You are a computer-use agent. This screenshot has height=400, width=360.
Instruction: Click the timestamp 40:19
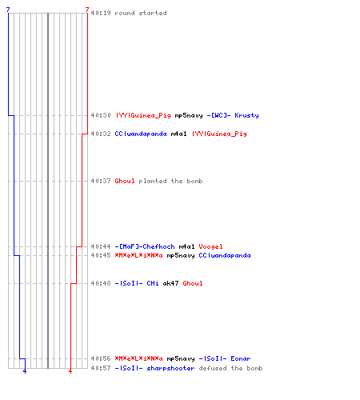click(x=101, y=13)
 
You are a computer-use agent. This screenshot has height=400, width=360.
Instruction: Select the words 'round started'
click(x=141, y=13)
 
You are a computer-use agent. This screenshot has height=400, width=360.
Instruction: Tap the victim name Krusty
click(x=246, y=115)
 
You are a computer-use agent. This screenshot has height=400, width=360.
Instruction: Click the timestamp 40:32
click(x=101, y=134)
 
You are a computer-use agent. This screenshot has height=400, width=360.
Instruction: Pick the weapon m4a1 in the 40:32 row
click(x=178, y=134)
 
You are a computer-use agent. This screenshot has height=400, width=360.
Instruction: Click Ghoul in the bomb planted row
click(x=125, y=181)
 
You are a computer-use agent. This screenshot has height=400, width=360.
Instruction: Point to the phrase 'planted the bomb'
click(x=170, y=181)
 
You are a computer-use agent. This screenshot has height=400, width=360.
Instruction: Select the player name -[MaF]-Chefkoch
click(x=145, y=246)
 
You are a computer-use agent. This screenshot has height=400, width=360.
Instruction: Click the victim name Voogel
click(x=210, y=246)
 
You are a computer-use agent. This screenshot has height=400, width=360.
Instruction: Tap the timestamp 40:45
click(x=101, y=255)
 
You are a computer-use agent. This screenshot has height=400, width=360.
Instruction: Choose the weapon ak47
click(x=170, y=283)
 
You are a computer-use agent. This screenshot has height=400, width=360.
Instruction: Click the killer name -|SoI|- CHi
click(x=137, y=283)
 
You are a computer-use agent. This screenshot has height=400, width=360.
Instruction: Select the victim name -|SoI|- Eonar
click(x=225, y=358)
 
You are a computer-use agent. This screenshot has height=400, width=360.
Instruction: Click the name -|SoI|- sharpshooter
click(x=154, y=368)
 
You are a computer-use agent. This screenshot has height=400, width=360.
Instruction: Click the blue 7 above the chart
click(x=8, y=10)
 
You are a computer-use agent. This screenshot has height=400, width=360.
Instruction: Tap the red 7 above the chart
click(x=87, y=10)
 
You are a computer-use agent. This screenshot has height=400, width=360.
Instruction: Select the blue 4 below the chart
click(x=25, y=371)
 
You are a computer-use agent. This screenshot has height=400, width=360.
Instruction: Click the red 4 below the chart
click(x=70, y=371)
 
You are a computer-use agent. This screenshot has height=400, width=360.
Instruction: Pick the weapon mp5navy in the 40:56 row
click(x=181, y=358)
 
